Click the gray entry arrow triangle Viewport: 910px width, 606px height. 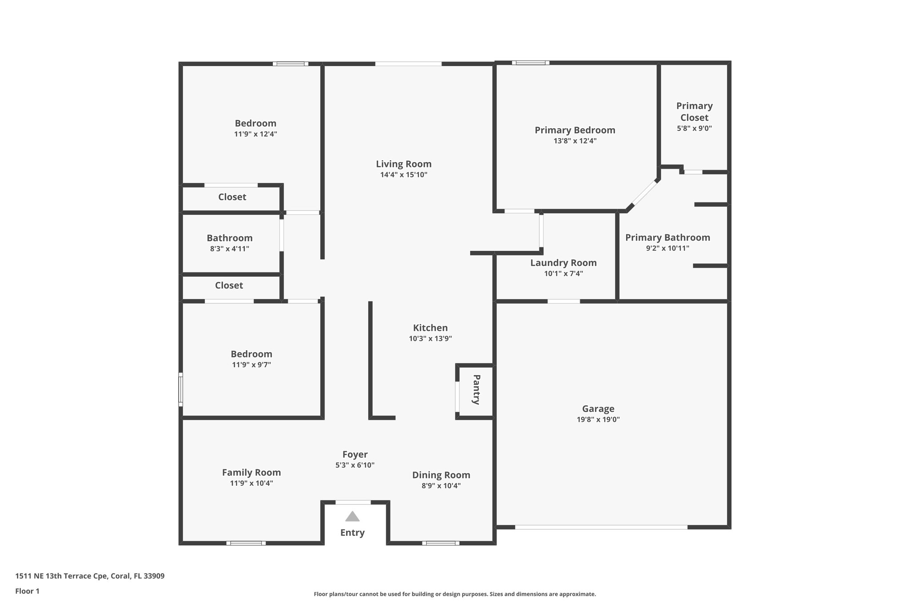coord(352,516)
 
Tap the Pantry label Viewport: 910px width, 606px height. coord(476,390)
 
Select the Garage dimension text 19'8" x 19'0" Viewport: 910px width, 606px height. coord(598,420)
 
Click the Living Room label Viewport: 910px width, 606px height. coord(403,164)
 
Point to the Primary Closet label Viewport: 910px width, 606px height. coord(694,111)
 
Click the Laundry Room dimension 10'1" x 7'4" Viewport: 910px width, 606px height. coord(563,273)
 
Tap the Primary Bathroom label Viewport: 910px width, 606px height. coord(667,238)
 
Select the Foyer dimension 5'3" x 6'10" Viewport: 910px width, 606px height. coord(355,465)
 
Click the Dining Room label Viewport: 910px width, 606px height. coord(441,475)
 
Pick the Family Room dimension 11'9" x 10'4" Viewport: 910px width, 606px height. coord(251,483)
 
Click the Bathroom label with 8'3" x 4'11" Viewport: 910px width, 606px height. coord(229,238)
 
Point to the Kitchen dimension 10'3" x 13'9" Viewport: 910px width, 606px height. coord(430,338)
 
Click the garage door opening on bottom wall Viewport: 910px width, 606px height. coord(601,527)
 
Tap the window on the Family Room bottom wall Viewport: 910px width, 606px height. coord(246,543)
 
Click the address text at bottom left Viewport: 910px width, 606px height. coord(90,576)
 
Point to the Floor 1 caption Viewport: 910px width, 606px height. coord(27,591)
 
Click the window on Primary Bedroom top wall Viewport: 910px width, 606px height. coord(530,63)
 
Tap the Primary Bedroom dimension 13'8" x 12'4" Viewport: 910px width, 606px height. coord(575,141)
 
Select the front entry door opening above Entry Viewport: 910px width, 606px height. coord(353,502)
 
